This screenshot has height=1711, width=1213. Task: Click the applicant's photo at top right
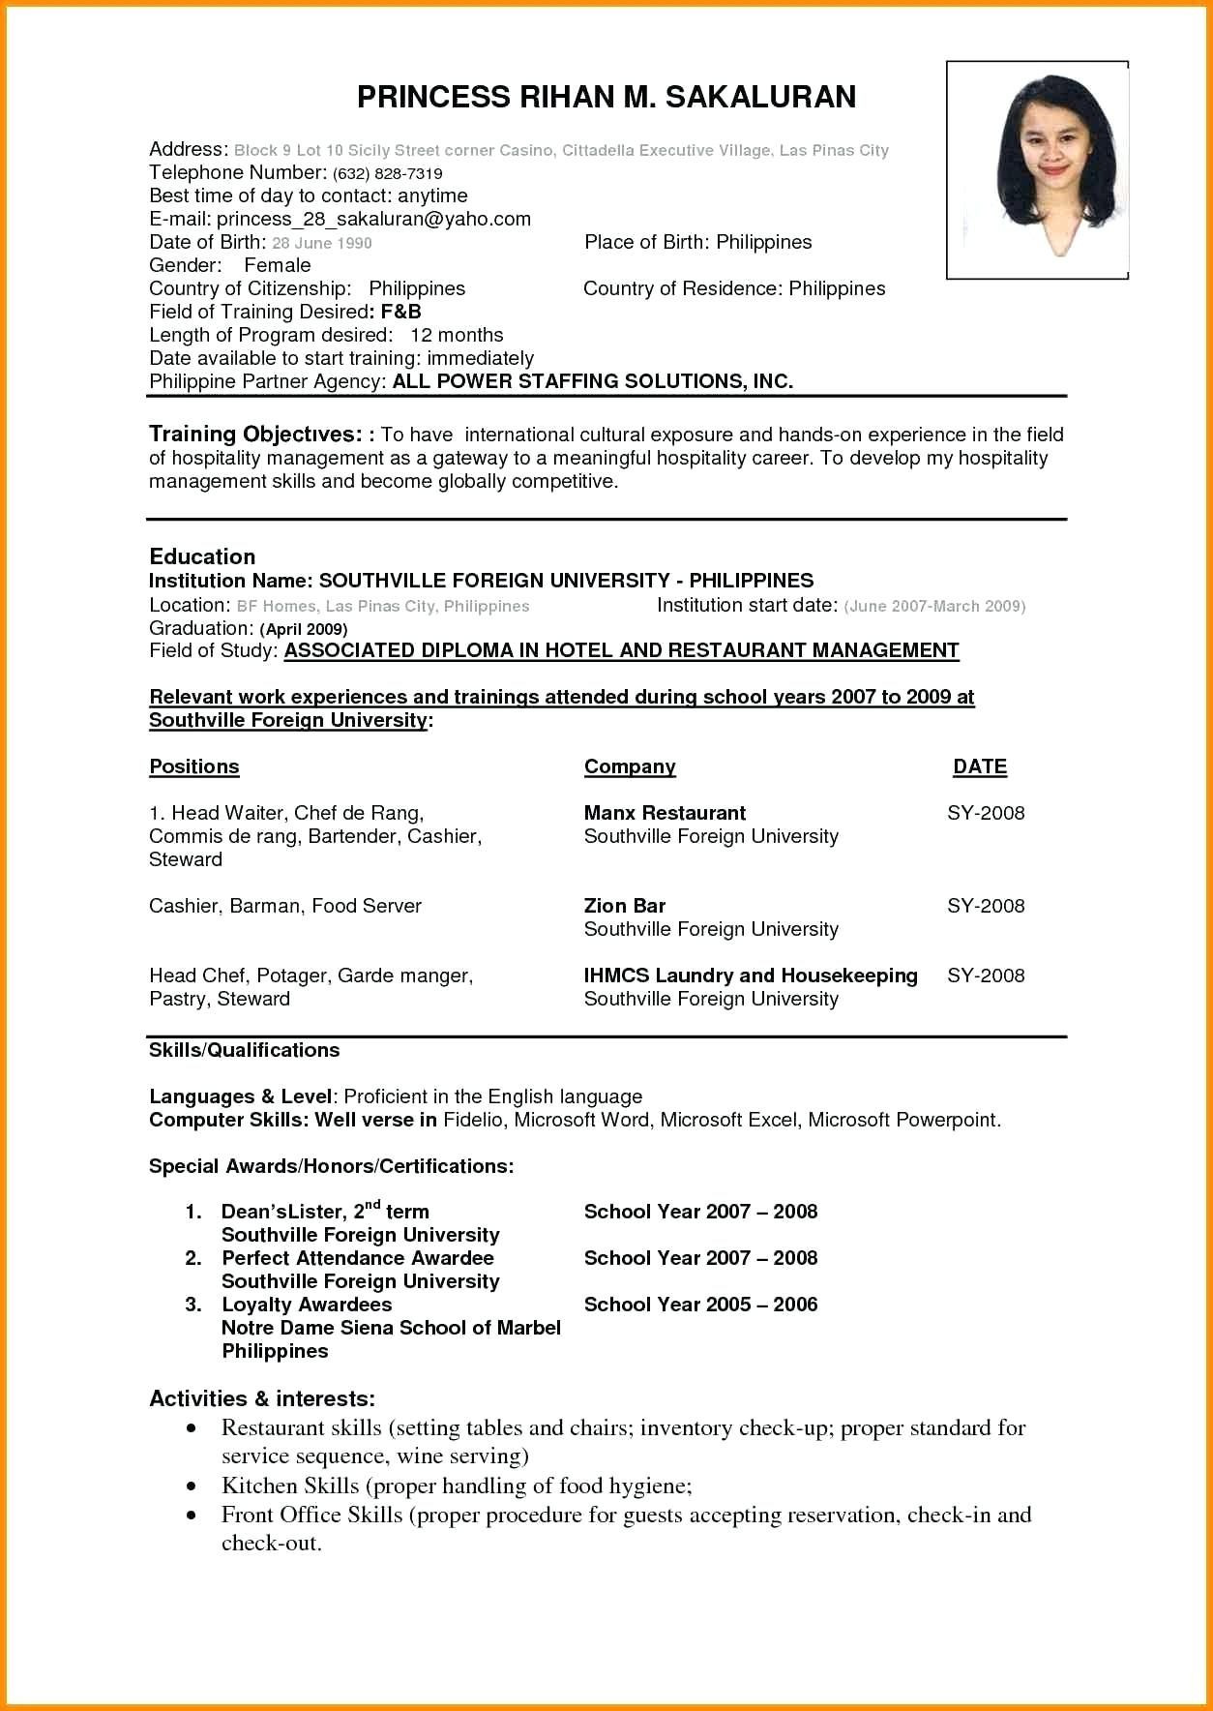1037,170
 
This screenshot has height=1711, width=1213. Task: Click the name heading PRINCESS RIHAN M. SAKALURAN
606,97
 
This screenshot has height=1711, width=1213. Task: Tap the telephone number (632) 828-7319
387,173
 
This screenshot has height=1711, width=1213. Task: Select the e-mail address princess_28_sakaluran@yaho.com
373,219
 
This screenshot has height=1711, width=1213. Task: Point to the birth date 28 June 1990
322,243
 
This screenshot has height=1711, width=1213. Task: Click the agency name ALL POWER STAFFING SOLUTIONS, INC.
592,381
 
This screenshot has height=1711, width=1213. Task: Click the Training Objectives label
254,434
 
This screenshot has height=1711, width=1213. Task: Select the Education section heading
202,556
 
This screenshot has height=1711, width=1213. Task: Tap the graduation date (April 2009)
303,629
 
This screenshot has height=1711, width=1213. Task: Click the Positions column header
193,766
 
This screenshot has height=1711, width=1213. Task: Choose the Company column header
630,766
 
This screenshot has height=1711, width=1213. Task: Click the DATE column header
980,766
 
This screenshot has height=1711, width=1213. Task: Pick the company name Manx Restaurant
665,813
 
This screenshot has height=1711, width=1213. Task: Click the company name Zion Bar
624,906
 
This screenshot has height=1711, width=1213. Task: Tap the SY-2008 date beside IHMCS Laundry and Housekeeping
986,976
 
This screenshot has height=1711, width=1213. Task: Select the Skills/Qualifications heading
244,1050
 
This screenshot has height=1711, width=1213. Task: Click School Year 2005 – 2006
700,1305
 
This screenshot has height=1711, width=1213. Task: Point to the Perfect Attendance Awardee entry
358,1258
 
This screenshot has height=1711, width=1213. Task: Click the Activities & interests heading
262,1398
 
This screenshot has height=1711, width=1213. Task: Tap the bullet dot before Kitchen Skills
194,1486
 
